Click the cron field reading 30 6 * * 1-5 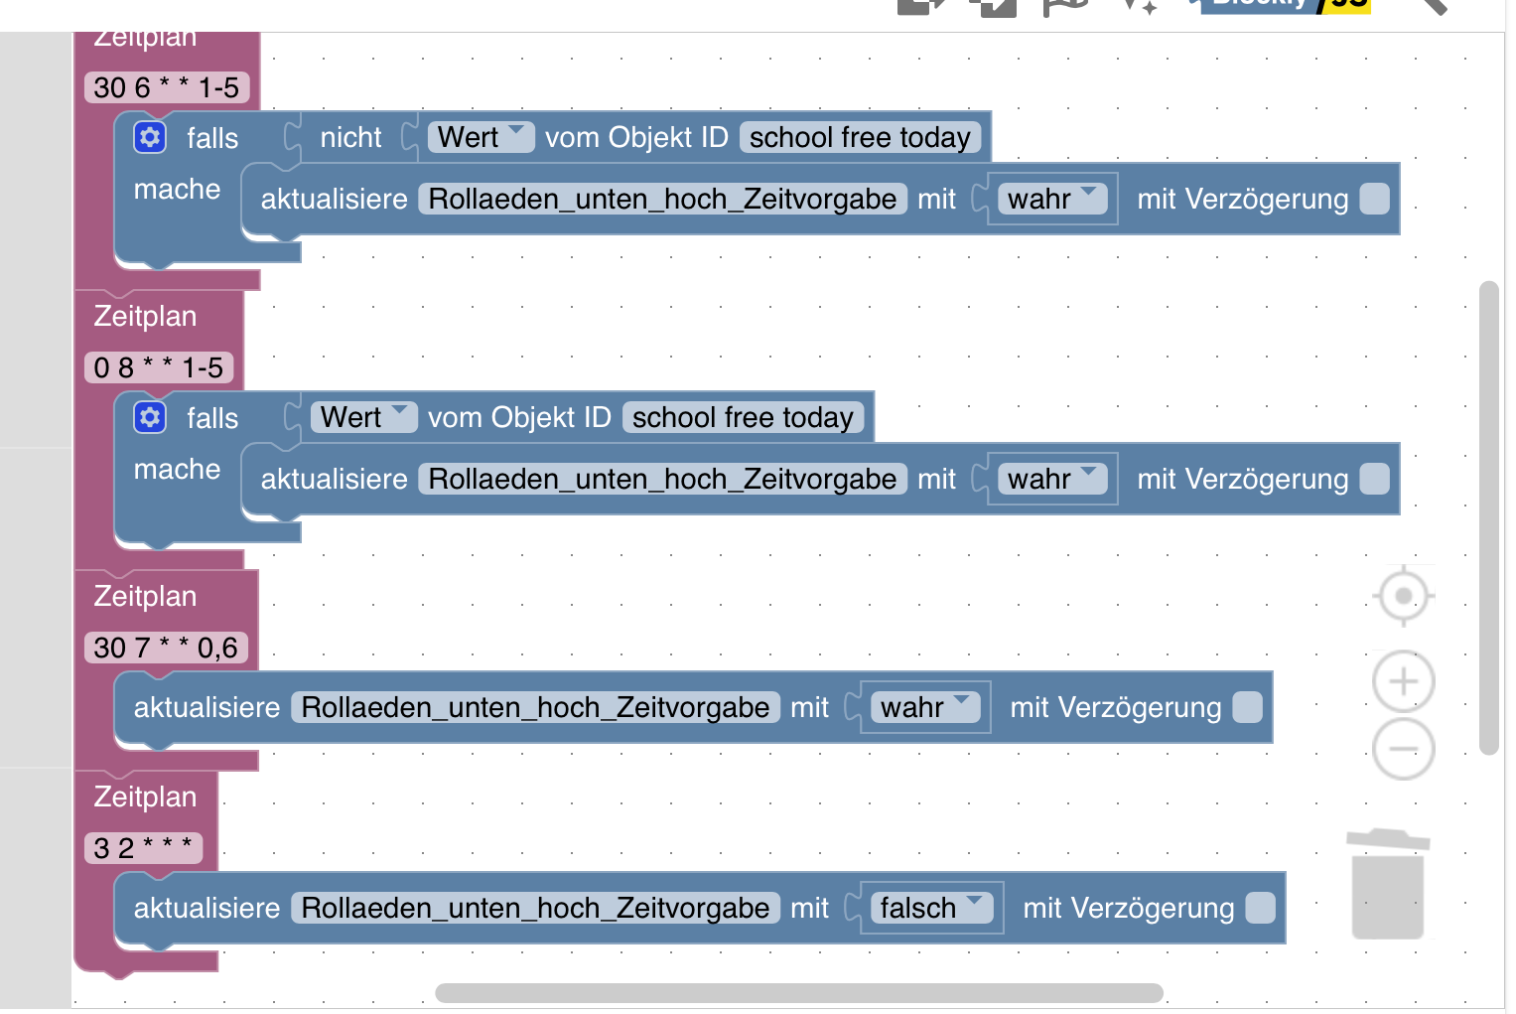[x=166, y=87]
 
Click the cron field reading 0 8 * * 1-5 [x=158, y=367]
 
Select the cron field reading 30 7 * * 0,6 [x=166, y=648]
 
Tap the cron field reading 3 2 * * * [x=143, y=848]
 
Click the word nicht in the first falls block [x=350, y=137]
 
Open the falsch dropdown [x=930, y=908]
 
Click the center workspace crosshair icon [x=1403, y=596]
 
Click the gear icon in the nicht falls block [x=150, y=137]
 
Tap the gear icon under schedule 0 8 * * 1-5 [x=150, y=417]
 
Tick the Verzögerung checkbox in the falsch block [x=1260, y=908]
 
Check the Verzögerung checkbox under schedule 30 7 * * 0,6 [x=1247, y=707]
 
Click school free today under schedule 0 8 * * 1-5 [x=743, y=417]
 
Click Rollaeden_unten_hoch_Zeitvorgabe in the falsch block [x=535, y=908]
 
